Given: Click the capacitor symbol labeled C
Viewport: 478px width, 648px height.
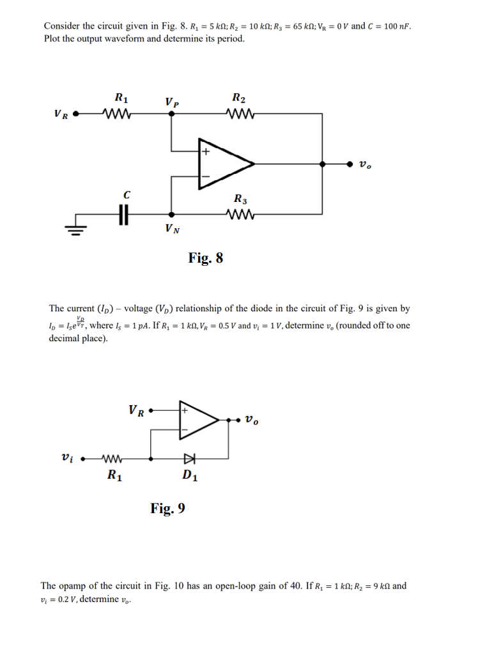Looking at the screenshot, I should pyautogui.click(x=125, y=215).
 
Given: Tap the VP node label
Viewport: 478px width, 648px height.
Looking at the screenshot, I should pyautogui.click(x=171, y=102).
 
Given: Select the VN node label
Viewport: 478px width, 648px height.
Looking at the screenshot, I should pyautogui.click(x=171, y=228).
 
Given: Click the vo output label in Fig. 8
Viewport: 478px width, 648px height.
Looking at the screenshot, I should pyautogui.click(x=364, y=165).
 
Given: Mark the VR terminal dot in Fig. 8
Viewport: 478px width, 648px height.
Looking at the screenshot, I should pyautogui.click(x=76, y=116).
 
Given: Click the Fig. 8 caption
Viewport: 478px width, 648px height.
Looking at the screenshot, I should pyautogui.click(x=206, y=258).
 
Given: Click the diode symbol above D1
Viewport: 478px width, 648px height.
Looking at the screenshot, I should pyautogui.click(x=188, y=458).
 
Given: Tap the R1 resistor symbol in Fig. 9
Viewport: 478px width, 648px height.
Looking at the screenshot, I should pyautogui.click(x=113, y=458).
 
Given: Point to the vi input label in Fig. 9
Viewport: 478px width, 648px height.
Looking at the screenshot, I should pyautogui.click(x=65, y=458).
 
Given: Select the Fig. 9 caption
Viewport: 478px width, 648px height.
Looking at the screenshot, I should pyautogui.click(x=168, y=509).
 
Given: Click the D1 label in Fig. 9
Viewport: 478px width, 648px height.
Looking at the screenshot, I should pyautogui.click(x=189, y=475).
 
